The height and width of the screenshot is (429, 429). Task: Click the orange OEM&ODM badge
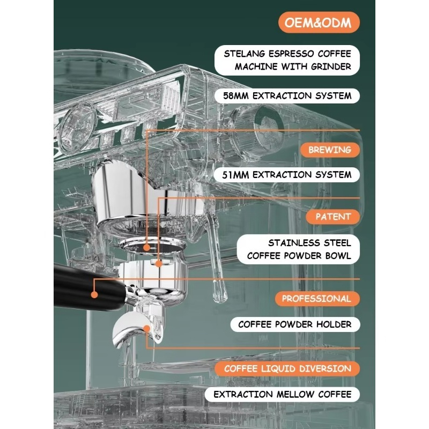click(319, 23)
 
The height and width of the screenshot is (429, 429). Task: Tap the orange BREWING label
click(330, 150)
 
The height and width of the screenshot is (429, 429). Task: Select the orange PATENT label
click(333, 217)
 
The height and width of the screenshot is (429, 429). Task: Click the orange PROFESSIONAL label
click(317, 299)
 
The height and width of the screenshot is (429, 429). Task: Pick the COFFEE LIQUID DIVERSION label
click(287, 368)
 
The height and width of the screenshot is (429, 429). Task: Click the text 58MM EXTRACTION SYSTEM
click(287, 96)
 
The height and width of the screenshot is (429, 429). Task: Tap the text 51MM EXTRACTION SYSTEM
click(287, 175)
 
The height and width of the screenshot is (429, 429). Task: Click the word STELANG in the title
click(245, 54)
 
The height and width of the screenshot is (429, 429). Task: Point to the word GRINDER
click(331, 66)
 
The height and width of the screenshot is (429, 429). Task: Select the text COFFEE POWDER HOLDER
click(294, 324)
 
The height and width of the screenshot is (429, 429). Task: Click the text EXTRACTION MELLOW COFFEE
click(283, 394)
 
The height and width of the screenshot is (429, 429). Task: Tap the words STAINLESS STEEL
click(309, 243)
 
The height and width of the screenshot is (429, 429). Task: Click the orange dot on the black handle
click(94, 294)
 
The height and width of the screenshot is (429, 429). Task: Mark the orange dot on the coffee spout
click(147, 329)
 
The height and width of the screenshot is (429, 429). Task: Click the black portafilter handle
click(89, 287)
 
